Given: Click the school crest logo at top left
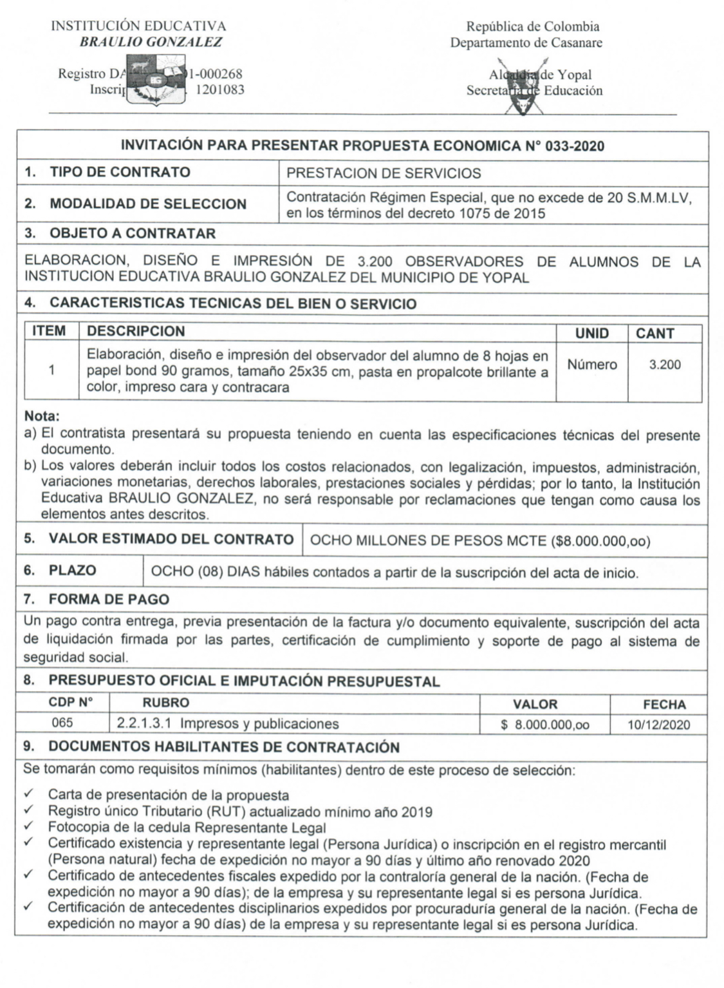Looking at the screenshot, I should pyautogui.click(x=154, y=81).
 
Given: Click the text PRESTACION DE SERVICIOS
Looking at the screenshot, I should pyautogui.click(x=383, y=173).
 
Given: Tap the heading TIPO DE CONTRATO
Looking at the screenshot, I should pyautogui.click(x=120, y=172).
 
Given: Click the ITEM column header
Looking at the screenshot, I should pyautogui.click(x=49, y=331).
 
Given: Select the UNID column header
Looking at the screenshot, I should pyautogui.click(x=591, y=333).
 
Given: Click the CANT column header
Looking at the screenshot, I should pyautogui.click(x=654, y=333).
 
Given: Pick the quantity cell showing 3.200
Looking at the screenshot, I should pyautogui.click(x=664, y=365).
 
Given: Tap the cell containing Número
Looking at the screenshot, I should pyautogui.click(x=591, y=365).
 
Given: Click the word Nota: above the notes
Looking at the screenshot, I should pyautogui.click(x=42, y=417).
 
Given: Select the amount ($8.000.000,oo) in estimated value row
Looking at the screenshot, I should pyautogui.click(x=600, y=541).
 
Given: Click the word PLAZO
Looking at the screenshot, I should pyautogui.click(x=72, y=571).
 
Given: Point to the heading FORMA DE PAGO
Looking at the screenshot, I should pyautogui.click(x=109, y=600).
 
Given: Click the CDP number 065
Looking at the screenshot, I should pyautogui.click(x=62, y=723).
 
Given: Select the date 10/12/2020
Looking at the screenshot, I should pyautogui.click(x=658, y=725).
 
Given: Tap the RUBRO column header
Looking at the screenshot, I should pyautogui.click(x=165, y=703).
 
